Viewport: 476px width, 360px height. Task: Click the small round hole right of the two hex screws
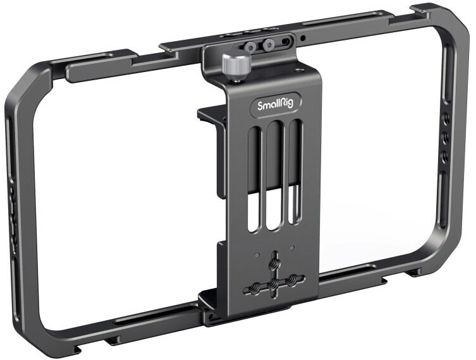coord(303,40)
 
